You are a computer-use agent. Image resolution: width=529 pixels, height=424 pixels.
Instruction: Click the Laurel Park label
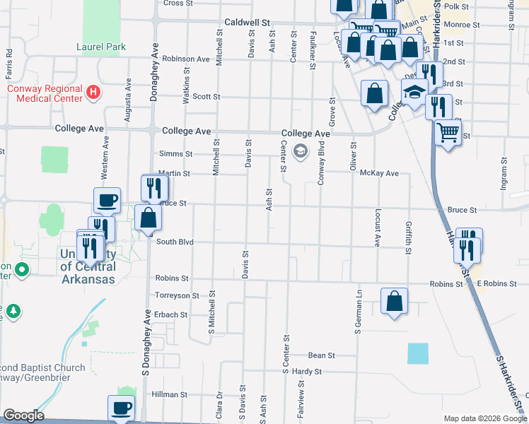pyautogui.click(x=101, y=47)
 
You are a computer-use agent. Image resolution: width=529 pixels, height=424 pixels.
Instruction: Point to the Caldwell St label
pyautogui.click(x=248, y=23)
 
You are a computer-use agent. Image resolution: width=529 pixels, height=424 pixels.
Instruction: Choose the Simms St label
pyautogui.click(x=176, y=153)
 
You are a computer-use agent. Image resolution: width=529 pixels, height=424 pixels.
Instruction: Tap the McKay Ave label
pyautogui.click(x=380, y=173)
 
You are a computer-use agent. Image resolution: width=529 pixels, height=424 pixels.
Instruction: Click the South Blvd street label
pyautogui.click(x=175, y=242)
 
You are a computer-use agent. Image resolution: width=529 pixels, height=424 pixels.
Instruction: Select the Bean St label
pyautogui.click(x=321, y=355)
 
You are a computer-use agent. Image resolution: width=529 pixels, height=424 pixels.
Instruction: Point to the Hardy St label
pyautogui.click(x=307, y=371)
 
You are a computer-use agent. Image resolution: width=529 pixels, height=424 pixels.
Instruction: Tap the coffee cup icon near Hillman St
pyautogui.click(x=120, y=408)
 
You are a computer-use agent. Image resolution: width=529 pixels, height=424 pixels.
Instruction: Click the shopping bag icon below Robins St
pyautogui.click(x=394, y=302)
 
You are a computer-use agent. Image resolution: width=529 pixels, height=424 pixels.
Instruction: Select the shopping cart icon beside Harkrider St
pyautogui.click(x=447, y=131)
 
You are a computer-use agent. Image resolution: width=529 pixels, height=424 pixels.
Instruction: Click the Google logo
pyautogui.click(x=23, y=416)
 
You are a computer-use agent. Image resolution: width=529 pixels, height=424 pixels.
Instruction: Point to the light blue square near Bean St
pyautogui.click(x=418, y=353)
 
